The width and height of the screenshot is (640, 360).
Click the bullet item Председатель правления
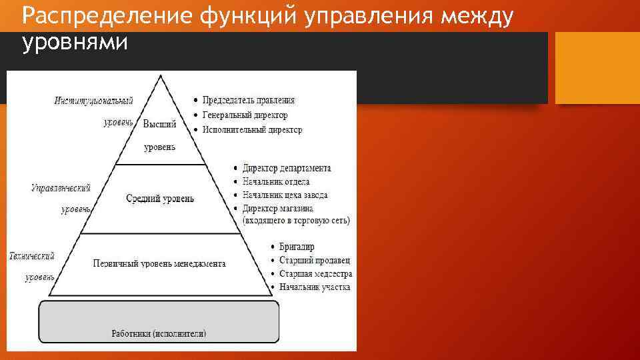248,100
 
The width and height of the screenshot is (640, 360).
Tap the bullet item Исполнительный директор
252,130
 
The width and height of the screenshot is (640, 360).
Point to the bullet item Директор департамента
286,169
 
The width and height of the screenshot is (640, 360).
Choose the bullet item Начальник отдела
275,181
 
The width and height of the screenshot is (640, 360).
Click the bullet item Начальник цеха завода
285,195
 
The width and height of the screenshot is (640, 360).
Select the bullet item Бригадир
297,247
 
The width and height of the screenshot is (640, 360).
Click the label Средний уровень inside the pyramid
160,199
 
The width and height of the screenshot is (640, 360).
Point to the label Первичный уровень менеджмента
159,263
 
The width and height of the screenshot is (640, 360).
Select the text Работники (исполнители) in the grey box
159,333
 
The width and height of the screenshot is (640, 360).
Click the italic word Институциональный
93,101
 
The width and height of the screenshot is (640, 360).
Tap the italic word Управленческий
61,189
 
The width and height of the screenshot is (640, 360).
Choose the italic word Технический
31,256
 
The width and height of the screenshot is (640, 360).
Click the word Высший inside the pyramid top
160,123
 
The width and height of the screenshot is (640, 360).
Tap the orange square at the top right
597,69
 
